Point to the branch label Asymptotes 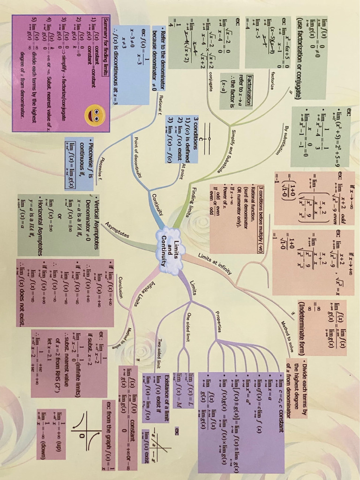tap(118, 228)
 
